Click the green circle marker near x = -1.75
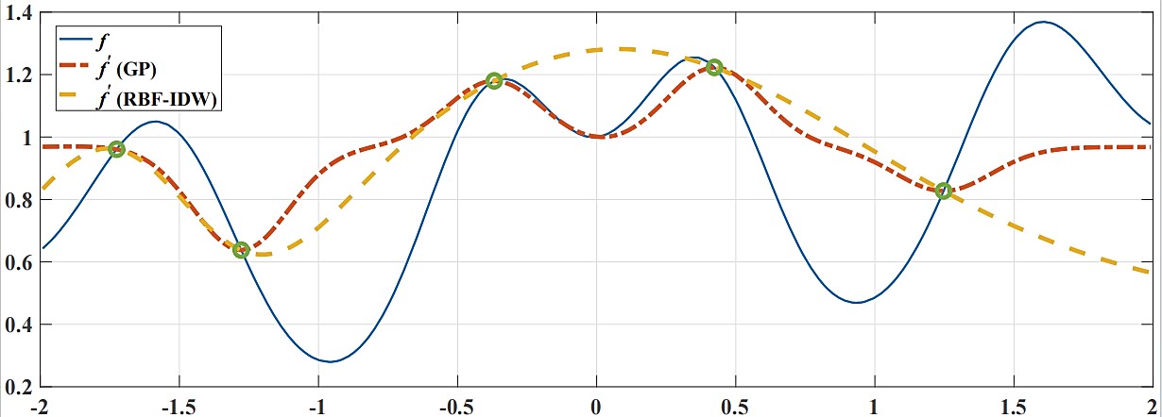[117, 149]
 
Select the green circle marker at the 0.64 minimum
[241, 250]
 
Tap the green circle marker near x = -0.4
[493, 81]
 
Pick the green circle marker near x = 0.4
[714, 67]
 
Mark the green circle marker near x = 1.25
[943, 192]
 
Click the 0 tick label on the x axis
[595, 407]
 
